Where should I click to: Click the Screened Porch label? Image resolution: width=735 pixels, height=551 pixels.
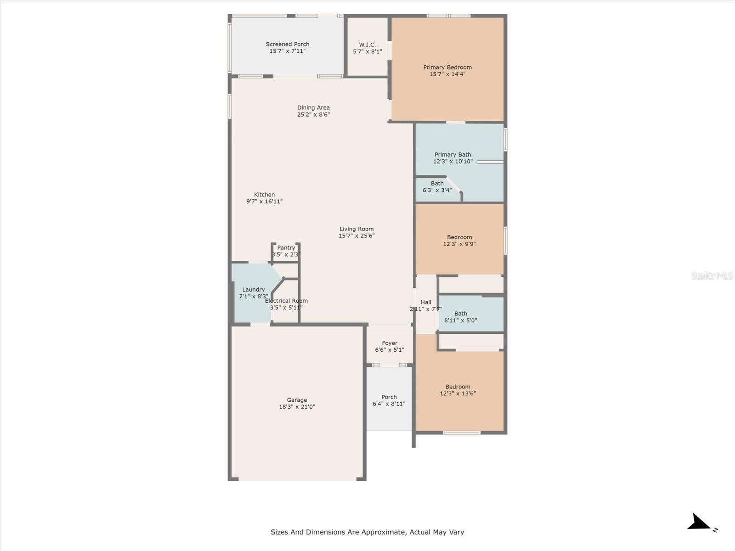288,45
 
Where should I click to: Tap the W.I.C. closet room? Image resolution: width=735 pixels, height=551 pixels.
367,48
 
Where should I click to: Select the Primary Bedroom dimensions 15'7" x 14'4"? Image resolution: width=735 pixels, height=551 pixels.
447,74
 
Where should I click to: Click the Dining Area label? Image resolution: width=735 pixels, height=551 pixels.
313,108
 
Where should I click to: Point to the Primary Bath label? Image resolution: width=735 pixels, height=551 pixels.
452,155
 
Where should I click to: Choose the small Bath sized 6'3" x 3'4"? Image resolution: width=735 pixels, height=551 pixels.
437,187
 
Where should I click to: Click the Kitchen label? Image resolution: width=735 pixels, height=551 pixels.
265,195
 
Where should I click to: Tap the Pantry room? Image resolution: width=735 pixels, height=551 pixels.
286,251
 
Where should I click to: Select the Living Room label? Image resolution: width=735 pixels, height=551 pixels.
356,229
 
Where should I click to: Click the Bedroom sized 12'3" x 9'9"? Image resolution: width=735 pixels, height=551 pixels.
459,241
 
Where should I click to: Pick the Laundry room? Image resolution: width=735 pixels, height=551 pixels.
253,293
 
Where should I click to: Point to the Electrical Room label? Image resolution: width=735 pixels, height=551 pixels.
286,301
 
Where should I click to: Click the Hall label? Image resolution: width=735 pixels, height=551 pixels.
426,302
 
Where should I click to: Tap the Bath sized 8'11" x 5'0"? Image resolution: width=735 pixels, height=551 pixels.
461,317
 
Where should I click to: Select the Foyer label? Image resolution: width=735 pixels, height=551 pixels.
390,343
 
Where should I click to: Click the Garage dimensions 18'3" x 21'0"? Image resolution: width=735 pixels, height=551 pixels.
297,407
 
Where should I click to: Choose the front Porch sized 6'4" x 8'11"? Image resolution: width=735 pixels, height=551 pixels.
389,400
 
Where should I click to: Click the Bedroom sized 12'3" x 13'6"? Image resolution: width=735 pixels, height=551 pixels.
458,390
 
